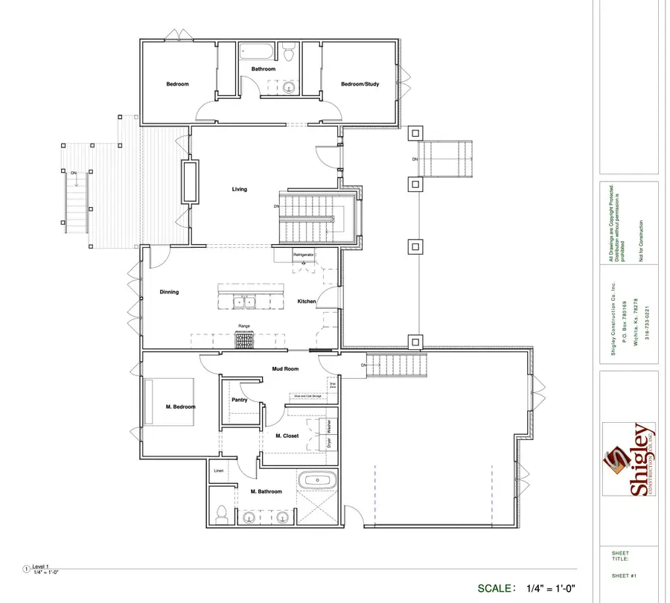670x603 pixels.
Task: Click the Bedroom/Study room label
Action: [360, 84]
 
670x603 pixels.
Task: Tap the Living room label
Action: [239, 189]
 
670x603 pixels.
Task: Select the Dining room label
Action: [169, 292]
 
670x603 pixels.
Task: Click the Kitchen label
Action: [307, 301]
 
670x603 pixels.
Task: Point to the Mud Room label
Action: [285, 368]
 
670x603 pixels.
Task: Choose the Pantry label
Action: [239, 400]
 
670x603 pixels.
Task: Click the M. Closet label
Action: [287, 435]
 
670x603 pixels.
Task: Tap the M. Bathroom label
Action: [266, 491]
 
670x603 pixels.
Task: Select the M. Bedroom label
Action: [180, 406]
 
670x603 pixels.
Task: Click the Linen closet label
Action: [219, 471]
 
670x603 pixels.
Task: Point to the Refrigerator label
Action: [304, 255]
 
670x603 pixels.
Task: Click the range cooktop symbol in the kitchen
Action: [245, 340]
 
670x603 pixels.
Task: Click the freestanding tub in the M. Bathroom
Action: [316, 481]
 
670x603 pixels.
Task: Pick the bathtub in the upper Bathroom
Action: [258, 53]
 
